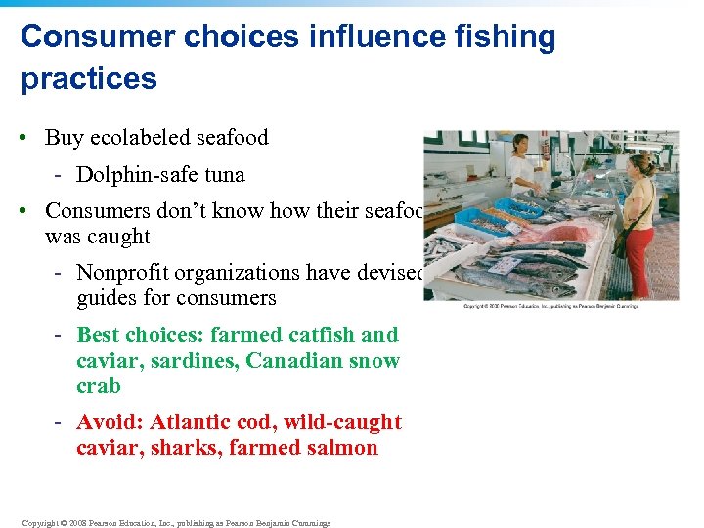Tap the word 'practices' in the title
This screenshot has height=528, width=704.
[88, 78]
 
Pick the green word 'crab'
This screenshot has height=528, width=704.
[99, 386]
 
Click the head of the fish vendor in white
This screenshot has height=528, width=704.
[519, 146]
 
